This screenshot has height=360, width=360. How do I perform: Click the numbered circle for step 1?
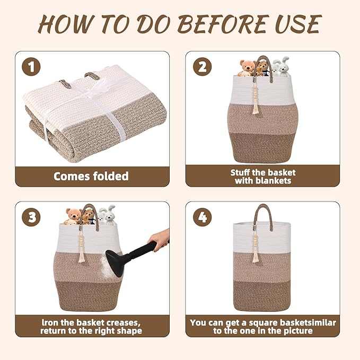click(31, 67)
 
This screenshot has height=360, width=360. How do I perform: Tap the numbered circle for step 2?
click(202, 67)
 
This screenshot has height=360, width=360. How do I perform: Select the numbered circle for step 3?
click(31, 217)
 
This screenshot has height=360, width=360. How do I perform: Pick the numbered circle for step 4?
click(202, 217)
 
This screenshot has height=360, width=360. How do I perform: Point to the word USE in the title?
click(298, 24)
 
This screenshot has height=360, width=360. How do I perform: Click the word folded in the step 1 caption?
click(110, 176)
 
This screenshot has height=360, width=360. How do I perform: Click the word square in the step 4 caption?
click(264, 323)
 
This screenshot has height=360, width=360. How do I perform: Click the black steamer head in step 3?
click(115, 264)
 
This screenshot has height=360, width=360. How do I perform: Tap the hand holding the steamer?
click(159, 240)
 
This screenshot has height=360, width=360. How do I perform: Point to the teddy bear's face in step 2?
click(248, 66)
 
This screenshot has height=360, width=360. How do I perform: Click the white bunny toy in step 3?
click(106, 215)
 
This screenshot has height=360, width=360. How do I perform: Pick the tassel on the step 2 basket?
click(256, 99)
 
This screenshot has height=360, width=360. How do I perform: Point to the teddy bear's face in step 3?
click(74, 214)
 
